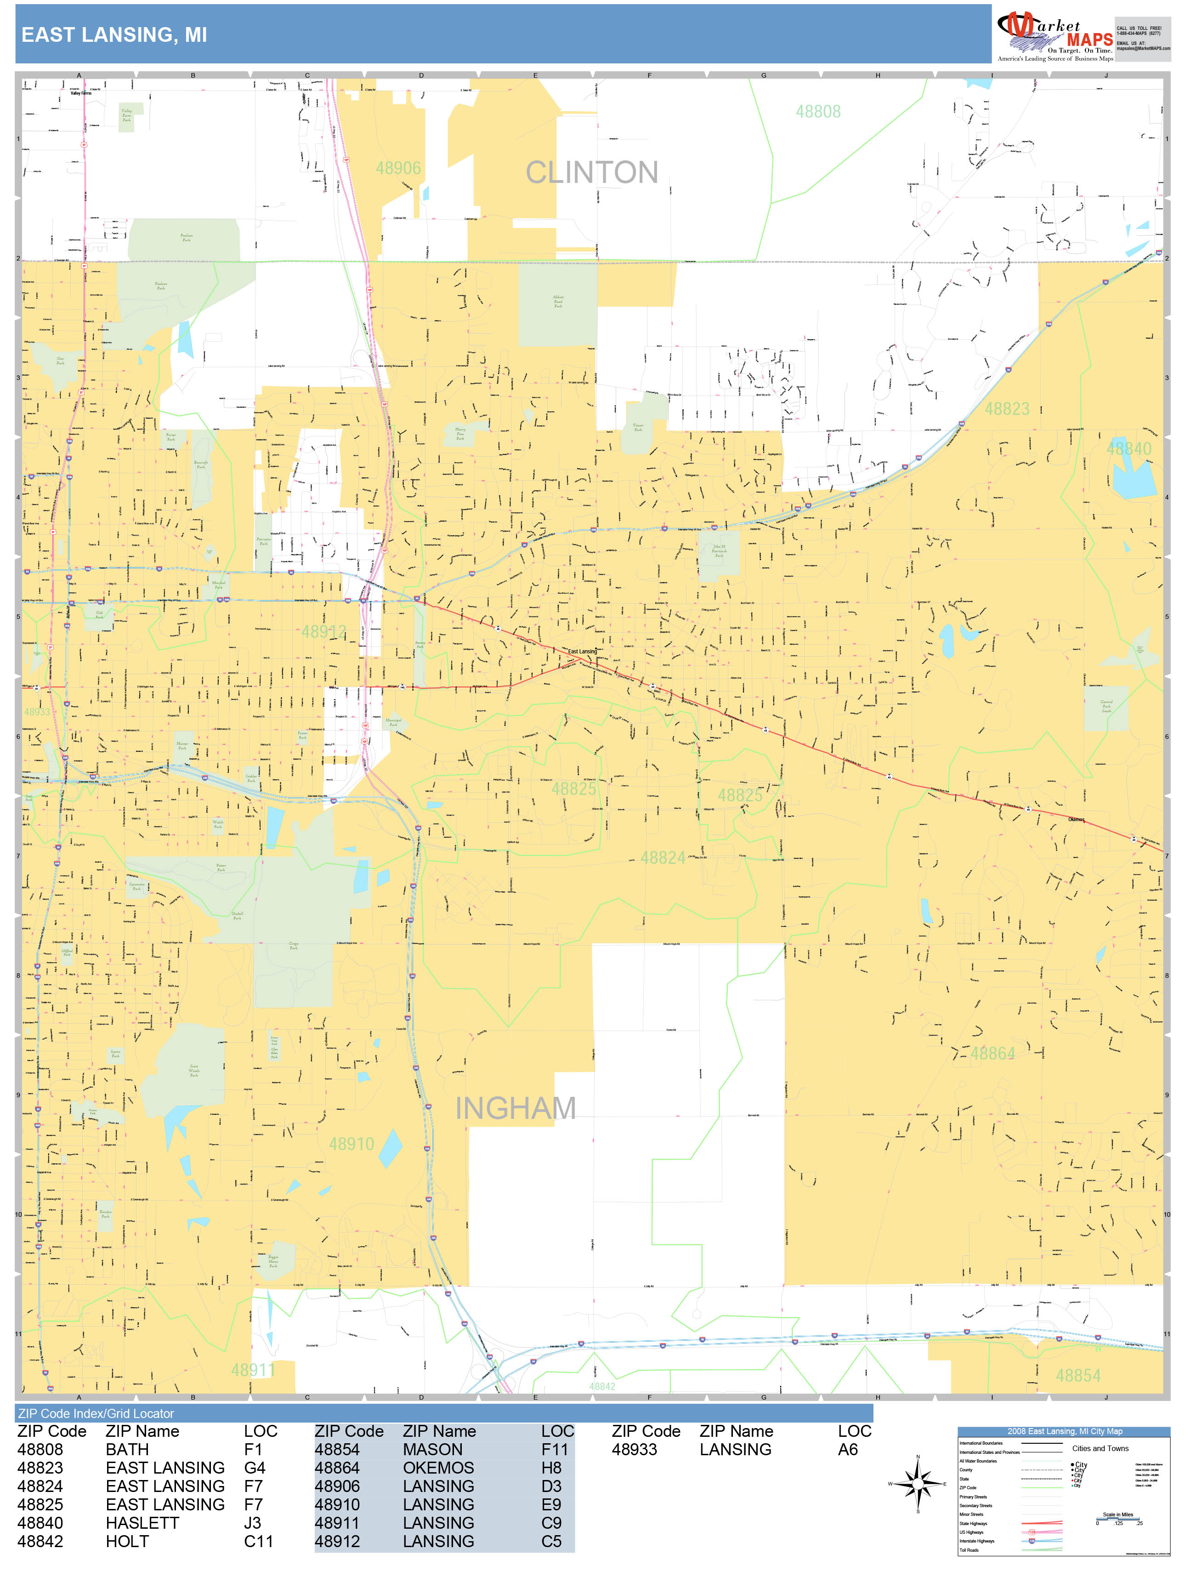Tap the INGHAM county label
click(x=516, y=1108)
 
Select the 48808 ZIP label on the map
click(x=818, y=111)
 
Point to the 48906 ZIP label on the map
click(x=398, y=168)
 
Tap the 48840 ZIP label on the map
click(x=1129, y=448)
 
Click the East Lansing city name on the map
click(x=582, y=651)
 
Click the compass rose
click(x=918, y=1484)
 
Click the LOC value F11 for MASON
click(x=554, y=1449)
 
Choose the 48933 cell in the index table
click(x=634, y=1449)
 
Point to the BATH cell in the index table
click(x=127, y=1449)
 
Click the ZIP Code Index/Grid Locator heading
click(x=96, y=1413)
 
